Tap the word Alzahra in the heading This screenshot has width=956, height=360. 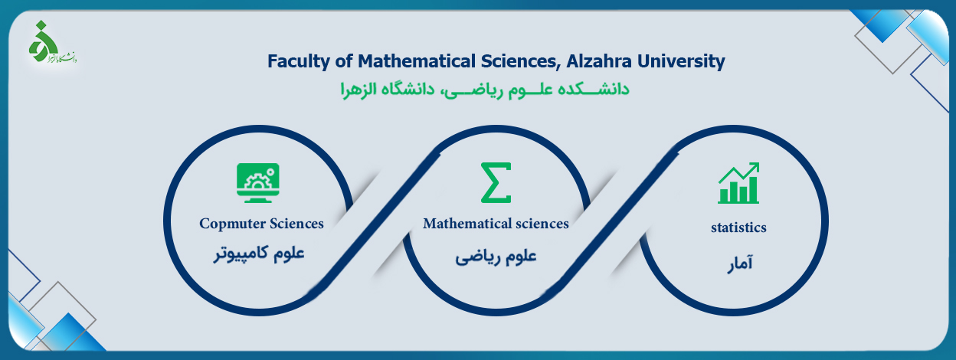[599, 61]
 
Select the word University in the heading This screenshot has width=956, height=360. [681, 62]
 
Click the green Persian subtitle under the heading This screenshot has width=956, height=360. [485, 90]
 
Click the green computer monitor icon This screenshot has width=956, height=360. [258, 182]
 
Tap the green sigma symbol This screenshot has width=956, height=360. [496, 182]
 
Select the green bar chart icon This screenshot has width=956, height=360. [738, 182]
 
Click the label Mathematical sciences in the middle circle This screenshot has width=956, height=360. [496, 223]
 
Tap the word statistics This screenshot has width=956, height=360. [738, 227]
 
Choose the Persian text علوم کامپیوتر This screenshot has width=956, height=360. [259, 254]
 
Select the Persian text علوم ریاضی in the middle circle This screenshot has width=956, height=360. [496, 257]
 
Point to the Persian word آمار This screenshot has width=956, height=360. [740, 263]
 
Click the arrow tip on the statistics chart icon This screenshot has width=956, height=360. [757, 164]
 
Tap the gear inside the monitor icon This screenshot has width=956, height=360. [257, 182]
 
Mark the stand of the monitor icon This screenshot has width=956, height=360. [258, 199]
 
